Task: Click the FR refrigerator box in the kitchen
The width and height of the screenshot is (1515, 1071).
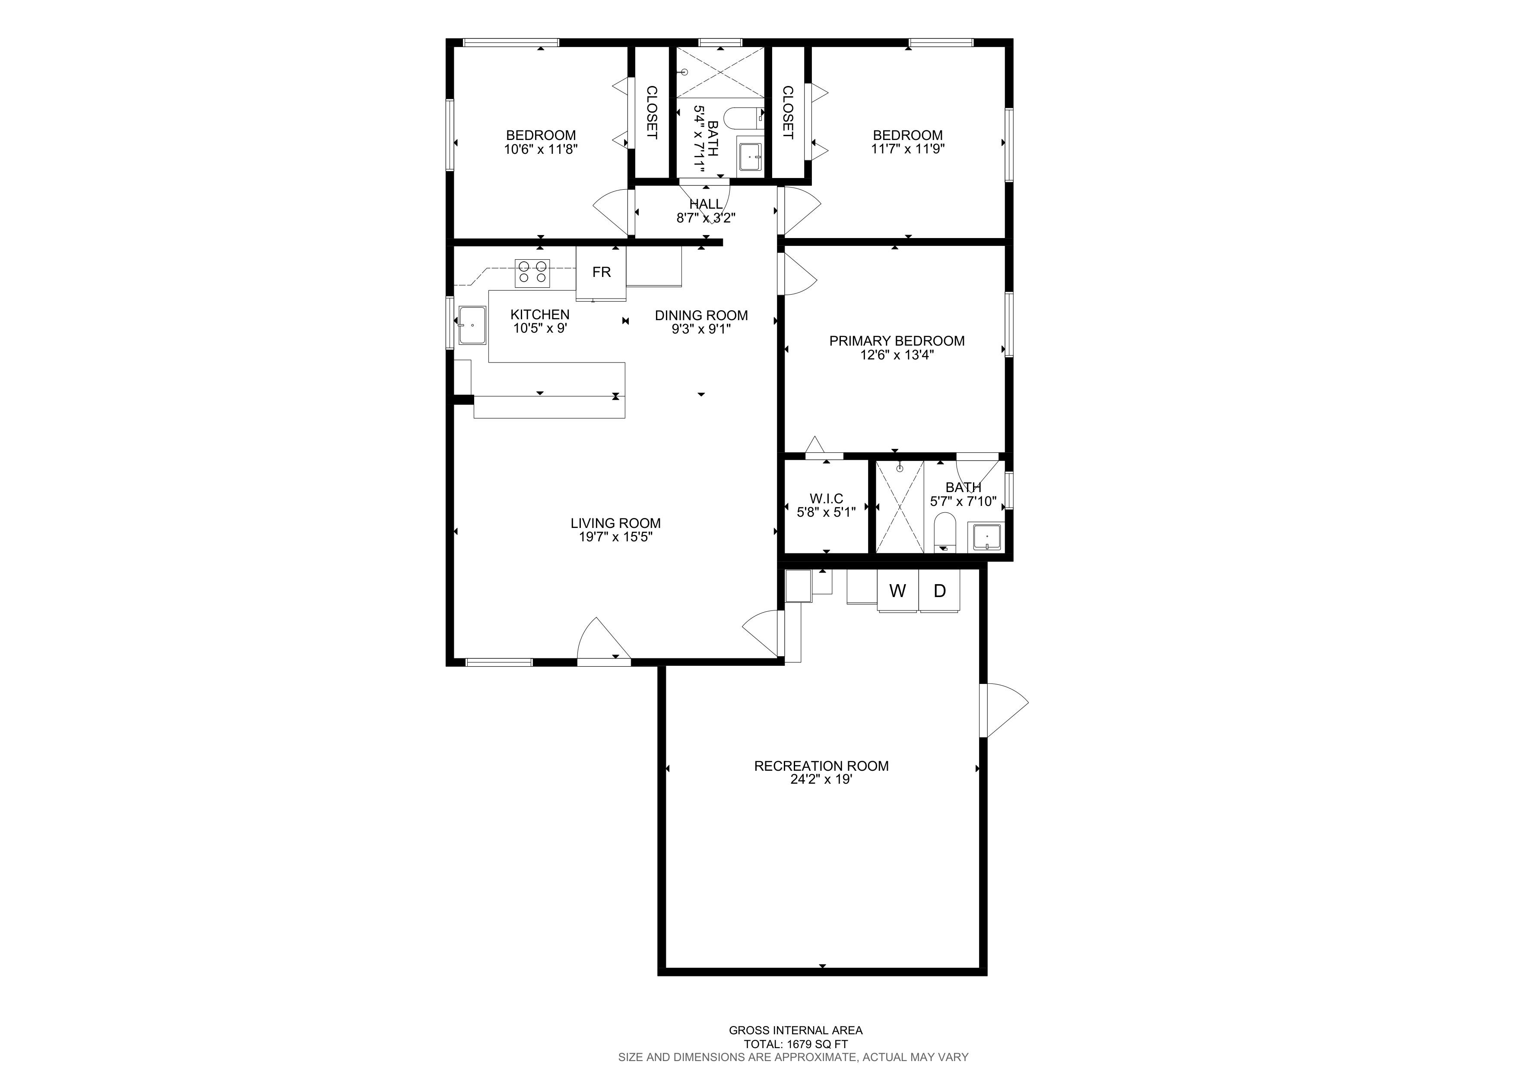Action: pos(601,273)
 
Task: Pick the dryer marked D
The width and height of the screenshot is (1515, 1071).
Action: pos(940,590)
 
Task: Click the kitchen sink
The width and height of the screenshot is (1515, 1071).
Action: pos(472,325)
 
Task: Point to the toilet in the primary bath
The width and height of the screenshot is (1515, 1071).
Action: pos(945,532)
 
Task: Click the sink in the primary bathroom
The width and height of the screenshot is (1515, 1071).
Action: pos(986,537)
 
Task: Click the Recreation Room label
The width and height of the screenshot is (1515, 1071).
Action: pos(821,766)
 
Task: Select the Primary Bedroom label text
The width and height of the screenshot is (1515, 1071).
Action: pos(897,341)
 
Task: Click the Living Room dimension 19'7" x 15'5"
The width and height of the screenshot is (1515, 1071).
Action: pos(616,537)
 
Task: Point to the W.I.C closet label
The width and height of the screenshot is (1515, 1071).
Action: pos(826,499)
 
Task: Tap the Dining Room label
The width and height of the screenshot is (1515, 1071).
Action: pos(701,315)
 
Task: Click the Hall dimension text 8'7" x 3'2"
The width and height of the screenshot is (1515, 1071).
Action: pos(706,218)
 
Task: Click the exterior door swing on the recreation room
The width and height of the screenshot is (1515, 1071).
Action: pos(1003,710)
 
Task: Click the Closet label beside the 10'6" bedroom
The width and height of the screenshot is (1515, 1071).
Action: pos(651,112)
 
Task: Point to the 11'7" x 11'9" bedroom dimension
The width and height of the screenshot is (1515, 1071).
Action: pos(908,149)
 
